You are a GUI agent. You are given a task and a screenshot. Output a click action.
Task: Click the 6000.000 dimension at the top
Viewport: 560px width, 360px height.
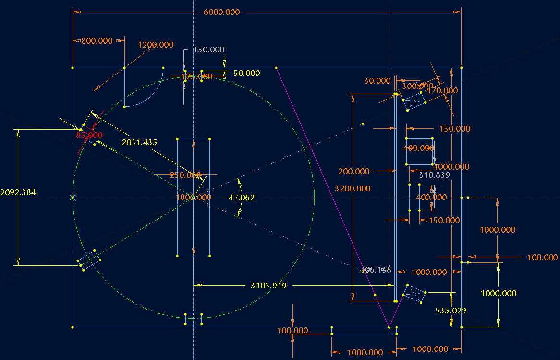coord(221,12)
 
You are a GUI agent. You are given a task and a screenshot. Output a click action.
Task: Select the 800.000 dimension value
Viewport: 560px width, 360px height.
coord(97,41)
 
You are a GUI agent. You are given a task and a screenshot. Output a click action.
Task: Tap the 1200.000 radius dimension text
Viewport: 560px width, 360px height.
coord(156,45)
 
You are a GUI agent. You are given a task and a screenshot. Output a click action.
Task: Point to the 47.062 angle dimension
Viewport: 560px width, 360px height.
coord(242,198)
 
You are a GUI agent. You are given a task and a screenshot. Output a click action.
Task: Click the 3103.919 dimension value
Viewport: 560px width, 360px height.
coord(268,286)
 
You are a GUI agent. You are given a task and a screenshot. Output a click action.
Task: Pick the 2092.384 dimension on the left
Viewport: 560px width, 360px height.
coord(18,192)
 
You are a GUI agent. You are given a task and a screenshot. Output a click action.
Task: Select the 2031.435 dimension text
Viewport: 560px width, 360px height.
coord(139,143)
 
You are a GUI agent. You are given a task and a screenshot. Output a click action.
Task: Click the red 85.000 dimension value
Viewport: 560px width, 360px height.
coord(89,135)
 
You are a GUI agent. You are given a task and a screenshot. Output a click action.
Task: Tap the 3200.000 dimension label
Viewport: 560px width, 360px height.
coord(353,188)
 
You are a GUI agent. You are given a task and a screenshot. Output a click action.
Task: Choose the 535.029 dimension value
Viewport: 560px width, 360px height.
coord(450,310)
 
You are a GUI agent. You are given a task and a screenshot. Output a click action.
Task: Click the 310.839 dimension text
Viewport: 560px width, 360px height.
coord(434,175)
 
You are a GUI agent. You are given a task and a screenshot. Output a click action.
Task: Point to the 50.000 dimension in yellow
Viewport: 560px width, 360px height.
coord(246,73)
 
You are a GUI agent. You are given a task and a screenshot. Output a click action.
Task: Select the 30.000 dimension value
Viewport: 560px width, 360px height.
coord(377,81)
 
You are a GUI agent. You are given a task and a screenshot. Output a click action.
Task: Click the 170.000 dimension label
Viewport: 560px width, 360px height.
coord(442,90)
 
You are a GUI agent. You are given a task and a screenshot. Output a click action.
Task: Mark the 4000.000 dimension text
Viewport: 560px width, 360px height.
coord(451,167)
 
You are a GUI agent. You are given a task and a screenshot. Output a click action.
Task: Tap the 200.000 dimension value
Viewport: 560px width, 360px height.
coord(354,171)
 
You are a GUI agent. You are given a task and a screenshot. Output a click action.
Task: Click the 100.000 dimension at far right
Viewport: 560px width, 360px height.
coord(542,258)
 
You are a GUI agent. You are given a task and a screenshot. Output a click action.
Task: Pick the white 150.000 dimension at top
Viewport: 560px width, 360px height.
coord(208,50)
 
